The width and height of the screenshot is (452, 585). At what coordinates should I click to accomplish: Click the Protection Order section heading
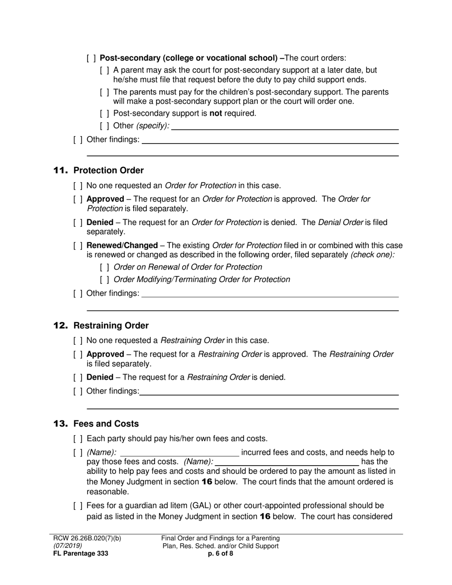108,170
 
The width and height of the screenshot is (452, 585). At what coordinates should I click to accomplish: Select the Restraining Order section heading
111,326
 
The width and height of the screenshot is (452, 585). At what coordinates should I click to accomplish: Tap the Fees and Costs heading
106,424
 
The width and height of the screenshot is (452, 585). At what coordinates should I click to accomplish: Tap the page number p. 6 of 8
221,554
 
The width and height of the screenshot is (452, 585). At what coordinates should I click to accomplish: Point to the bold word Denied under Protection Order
100,223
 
